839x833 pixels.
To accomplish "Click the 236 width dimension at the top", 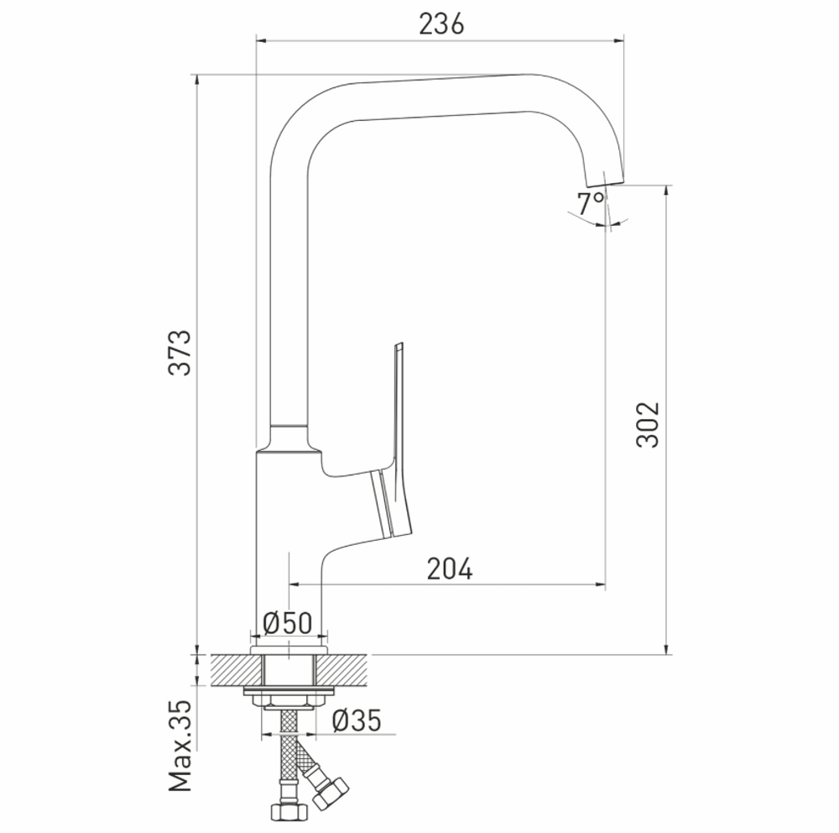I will [441, 25].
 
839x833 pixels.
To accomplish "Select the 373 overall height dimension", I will [180, 353].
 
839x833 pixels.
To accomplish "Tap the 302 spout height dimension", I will [648, 425].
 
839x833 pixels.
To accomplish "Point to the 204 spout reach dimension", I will [450, 569].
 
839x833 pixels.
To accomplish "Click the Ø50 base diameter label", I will [287, 623].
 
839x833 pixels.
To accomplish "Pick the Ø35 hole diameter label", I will [356, 720].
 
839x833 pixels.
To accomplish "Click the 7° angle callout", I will [590, 202].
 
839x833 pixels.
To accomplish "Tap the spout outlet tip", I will [604, 177].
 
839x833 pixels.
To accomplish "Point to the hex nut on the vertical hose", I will [288, 812].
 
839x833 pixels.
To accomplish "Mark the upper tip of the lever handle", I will [399, 346].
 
